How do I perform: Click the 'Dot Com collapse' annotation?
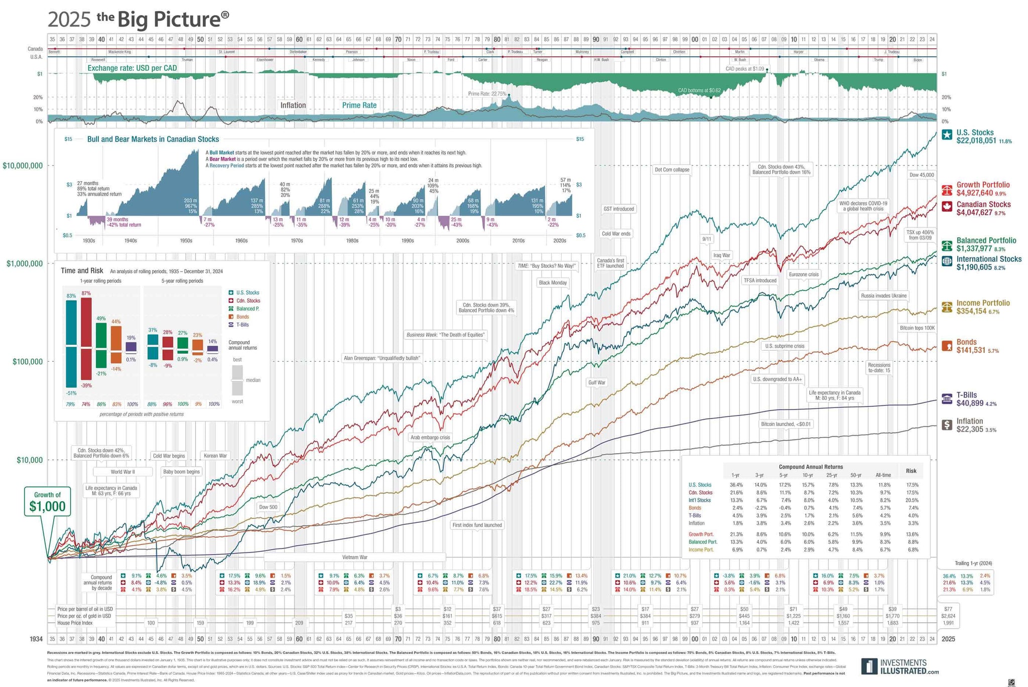[672, 170]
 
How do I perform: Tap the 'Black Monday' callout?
[553, 283]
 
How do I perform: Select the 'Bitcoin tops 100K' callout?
[917, 328]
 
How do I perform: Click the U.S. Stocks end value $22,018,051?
[976, 141]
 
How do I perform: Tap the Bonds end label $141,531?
[971, 350]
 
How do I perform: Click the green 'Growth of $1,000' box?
[47, 501]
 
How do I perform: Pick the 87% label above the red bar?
[86, 293]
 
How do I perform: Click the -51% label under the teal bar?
[71, 393]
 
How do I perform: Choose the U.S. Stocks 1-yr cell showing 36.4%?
[735, 485]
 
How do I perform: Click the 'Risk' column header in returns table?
[911, 471]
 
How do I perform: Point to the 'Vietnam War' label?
[355, 557]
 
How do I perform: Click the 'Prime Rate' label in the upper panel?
[359, 105]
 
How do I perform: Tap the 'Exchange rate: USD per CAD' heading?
[132, 68]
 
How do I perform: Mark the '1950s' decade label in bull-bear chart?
[186, 240]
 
